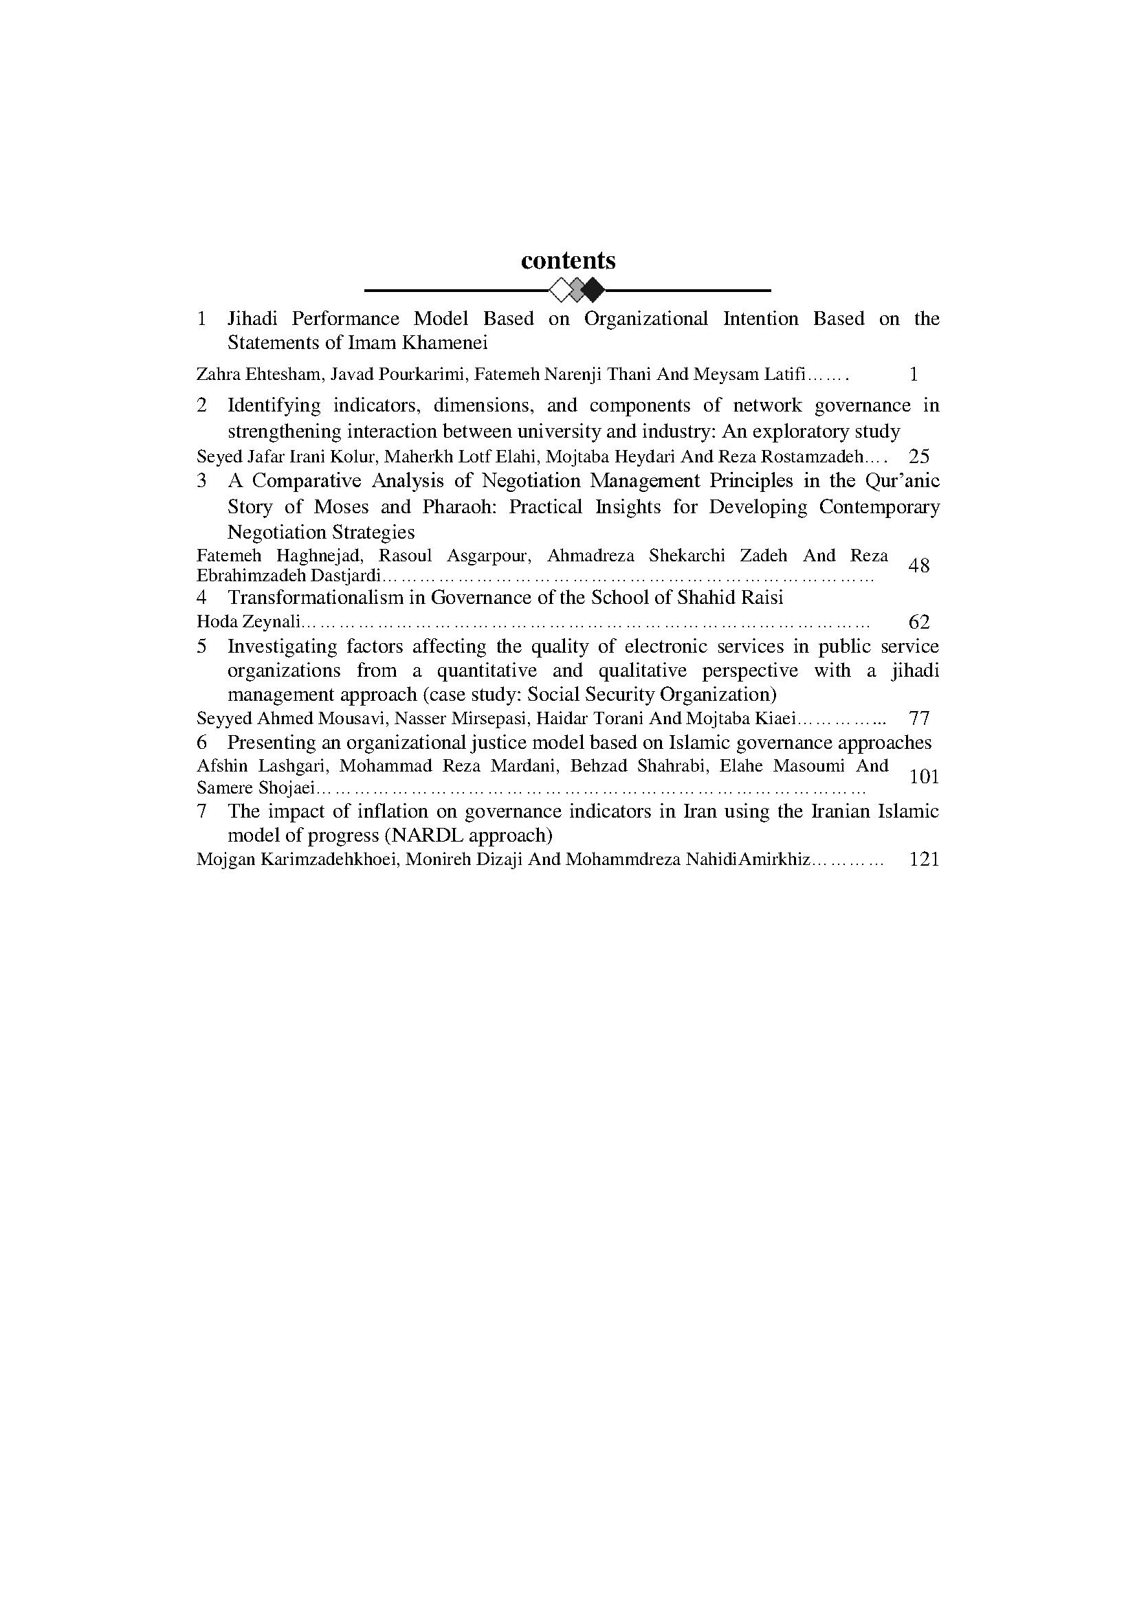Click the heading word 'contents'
point(568,260)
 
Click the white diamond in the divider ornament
point(561,289)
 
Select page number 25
point(918,457)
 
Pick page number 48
point(918,565)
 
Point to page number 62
point(918,622)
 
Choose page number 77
point(918,718)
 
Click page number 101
point(923,777)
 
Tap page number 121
point(923,859)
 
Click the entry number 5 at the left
point(201,646)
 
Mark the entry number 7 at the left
point(201,811)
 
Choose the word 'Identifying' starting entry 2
point(274,406)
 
